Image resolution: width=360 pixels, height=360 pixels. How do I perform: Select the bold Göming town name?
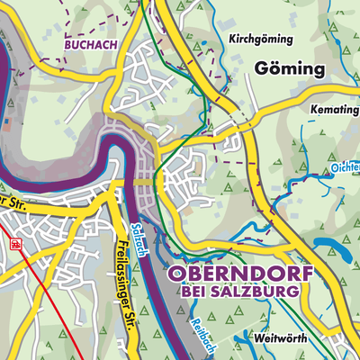pyautogui.click(x=289, y=69)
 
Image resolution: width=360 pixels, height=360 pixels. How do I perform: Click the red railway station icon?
pyautogui.click(x=14, y=243)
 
